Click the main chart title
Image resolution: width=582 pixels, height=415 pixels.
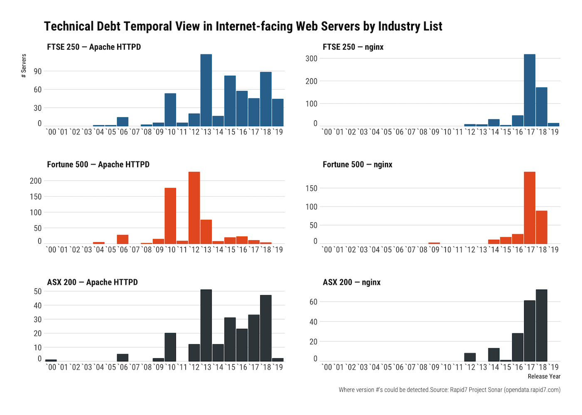tap(243, 26)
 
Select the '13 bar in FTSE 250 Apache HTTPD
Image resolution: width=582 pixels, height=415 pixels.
tap(206, 90)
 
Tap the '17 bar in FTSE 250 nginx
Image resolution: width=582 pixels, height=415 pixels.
tap(530, 90)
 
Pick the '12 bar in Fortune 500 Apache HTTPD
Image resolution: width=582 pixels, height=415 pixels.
tap(194, 208)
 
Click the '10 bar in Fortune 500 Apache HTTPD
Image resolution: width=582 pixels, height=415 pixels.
tap(170, 216)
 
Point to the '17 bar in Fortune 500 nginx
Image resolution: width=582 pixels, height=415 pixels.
tap(530, 208)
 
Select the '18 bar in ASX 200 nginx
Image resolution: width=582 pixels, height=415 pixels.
tap(542, 326)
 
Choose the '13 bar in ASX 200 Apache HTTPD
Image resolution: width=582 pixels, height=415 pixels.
tap(206, 326)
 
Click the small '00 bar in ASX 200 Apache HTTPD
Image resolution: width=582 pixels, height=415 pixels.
tap(51, 360)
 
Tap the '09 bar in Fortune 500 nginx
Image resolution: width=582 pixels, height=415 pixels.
tap(434, 243)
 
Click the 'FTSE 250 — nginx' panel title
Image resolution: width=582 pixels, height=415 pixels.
tap(353, 47)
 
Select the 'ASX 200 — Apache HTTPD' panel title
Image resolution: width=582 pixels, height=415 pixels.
tap(92, 282)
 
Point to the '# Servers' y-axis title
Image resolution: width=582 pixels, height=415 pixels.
tap(24, 66)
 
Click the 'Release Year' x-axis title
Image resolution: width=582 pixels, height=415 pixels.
tap(544, 376)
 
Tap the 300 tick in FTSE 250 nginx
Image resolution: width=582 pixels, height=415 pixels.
tap(311, 59)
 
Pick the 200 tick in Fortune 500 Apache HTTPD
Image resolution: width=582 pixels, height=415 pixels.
tap(36, 181)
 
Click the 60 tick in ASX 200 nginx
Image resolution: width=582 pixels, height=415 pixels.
tap(313, 302)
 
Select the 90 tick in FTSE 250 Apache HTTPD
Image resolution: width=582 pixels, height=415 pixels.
tap(38, 71)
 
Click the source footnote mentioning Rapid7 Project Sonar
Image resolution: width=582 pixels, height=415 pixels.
tap(449, 390)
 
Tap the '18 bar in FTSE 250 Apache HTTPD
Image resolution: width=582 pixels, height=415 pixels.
tap(266, 99)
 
